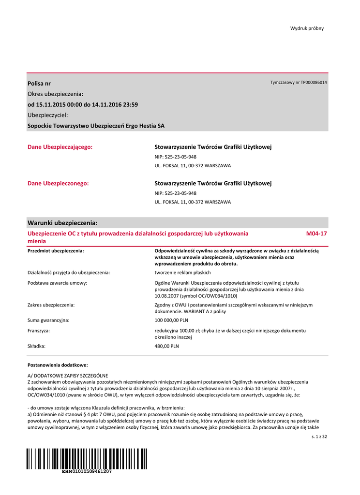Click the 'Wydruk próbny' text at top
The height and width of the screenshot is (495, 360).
(x=307, y=28)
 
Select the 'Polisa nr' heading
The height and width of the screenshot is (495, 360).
(x=39, y=84)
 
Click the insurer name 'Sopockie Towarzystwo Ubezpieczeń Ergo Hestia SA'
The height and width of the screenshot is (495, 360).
(x=96, y=126)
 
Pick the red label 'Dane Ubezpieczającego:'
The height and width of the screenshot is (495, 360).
(x=60, y=146)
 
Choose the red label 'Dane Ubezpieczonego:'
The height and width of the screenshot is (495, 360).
(x=58, y=183)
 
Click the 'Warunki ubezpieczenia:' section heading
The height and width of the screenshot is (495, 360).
(x=62, y=223)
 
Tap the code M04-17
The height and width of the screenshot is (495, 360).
(x=316, y=233)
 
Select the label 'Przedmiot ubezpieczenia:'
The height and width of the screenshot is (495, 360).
(x=56, y=251)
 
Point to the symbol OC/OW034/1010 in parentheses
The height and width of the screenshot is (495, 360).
(x=216, y=295)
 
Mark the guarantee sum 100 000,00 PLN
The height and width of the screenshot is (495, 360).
(x=171, y=320)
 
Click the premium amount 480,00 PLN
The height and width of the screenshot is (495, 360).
(x=166, y=346)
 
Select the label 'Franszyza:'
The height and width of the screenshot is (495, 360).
(x=39, y=331)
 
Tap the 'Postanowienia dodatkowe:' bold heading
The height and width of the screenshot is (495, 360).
(x=58, y=365)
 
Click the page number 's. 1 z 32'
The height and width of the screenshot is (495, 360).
(x=319, y=437)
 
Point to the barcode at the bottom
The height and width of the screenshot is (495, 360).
(x=87, y=458)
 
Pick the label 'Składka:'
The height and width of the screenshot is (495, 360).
(x=37, y=346)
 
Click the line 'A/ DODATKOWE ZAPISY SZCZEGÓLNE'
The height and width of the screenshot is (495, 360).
(x=68, y=376)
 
